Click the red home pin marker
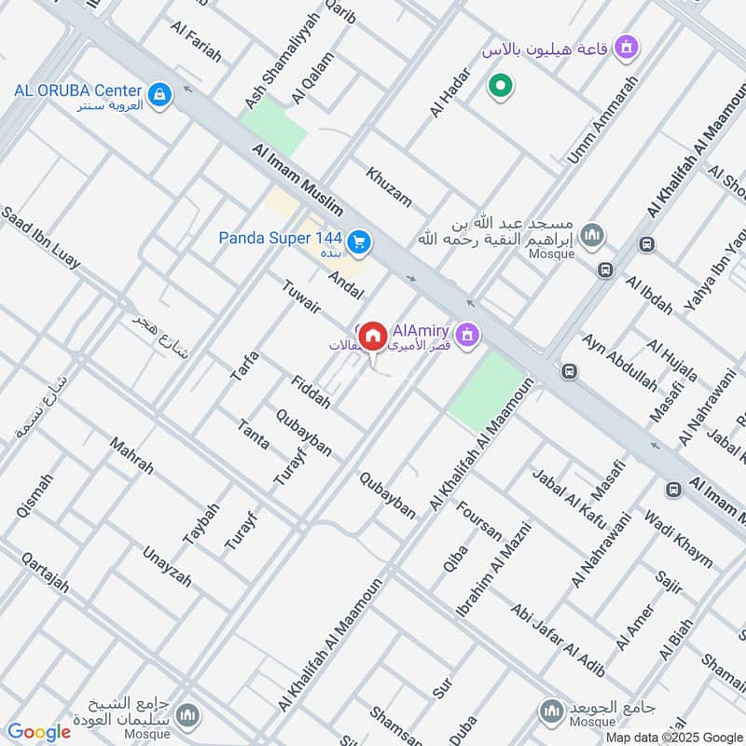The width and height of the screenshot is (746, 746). [x=373, y=335]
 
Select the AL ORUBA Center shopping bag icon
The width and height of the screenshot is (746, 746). [x=160, y=93]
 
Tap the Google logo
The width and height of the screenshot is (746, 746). [x=39, y=732]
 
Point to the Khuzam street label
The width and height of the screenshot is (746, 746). [x=389, y=186]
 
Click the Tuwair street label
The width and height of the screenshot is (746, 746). [x=300, y=296]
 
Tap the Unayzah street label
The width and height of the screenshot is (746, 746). [x=167, y=566]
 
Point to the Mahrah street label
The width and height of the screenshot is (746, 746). [x=131, y=456]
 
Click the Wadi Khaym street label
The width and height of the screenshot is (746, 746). [x=678, y=539]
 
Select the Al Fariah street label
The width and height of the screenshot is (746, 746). [x=197, y=40]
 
